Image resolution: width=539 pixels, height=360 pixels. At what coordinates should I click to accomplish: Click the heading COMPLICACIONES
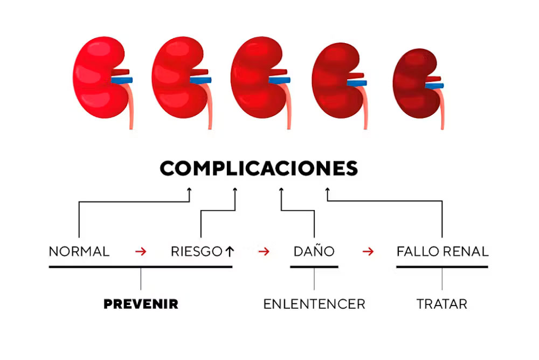point(259,168)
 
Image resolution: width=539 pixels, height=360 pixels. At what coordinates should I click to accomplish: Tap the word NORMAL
point(79,251)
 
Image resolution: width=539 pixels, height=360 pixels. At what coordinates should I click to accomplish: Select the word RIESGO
point(197,251)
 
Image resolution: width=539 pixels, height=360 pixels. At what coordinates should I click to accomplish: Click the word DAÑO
point(314,251)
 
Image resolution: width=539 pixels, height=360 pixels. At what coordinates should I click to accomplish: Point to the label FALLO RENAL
point(443,251)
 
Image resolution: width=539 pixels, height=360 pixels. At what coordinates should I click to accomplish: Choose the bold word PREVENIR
point(141,304)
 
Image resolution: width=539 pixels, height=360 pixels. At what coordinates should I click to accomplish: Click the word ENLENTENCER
point(314,304)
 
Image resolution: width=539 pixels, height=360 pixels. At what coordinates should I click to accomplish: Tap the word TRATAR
point(442,304)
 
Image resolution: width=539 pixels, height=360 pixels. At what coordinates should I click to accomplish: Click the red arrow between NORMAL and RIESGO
point(141,251)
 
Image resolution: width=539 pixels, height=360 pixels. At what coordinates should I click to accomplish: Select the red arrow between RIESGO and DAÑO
point(264,251)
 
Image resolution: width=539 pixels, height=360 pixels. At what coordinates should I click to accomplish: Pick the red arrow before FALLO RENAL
point(368,251)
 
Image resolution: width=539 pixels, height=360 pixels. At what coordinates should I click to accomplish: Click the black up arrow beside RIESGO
point(230,251)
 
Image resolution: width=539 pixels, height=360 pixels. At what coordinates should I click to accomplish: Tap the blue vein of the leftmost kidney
point(122,80)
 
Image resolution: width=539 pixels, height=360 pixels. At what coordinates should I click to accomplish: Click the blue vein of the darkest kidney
point(434,85)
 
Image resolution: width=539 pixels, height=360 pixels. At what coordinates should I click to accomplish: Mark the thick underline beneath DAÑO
point(314,267)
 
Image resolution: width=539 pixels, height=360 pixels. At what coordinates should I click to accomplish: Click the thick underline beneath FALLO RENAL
point(442,267)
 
